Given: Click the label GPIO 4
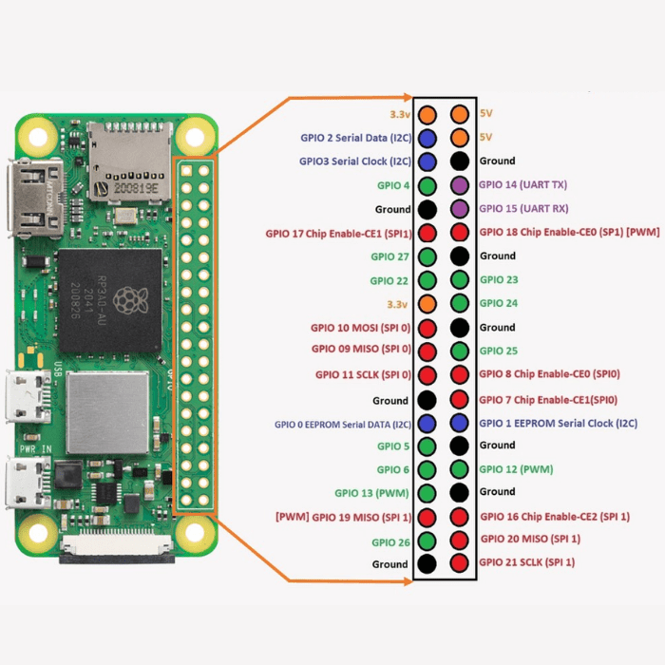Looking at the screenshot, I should pos(393,185).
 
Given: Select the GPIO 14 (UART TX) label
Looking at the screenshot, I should pos(522,185).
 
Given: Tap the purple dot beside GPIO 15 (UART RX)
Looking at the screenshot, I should pos(461,209).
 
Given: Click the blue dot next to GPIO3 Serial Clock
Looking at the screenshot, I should pos(427,161).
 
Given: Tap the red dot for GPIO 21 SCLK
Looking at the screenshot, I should pos(461,563).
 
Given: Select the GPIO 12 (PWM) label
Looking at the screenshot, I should pos(516,469).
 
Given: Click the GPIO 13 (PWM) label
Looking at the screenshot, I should pos(372,493).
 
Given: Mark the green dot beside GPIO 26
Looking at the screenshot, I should pos(427,541).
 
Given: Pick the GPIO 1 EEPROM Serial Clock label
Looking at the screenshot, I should pos(558,423).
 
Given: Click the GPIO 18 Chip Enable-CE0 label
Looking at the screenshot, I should pos(567,233).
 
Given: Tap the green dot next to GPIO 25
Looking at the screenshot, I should pos(461,351).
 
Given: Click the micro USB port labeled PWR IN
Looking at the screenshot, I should pos(28,484).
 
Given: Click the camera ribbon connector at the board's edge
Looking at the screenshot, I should pos(116,551).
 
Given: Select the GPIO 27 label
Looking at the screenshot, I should pos(390,256).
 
